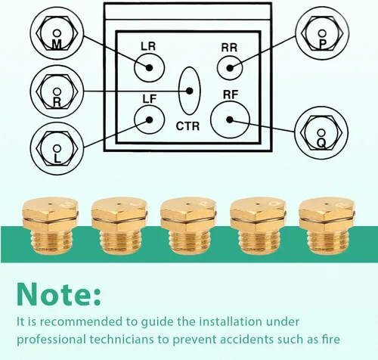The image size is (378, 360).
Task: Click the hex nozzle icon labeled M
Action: click(57, 33)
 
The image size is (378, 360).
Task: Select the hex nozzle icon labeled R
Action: click(57, 92)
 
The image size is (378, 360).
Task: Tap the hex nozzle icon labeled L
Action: click(57, 148)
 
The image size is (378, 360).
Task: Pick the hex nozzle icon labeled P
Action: click(322, 33)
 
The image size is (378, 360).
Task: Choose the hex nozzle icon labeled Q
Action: click(321, 132)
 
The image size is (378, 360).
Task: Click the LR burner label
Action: click(148, 47)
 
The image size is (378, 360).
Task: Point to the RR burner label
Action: click(229, 48)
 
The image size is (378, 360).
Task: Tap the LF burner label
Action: click(150, 99)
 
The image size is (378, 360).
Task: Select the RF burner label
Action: click(231, 95)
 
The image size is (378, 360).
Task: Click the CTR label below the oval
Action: click(187, 126)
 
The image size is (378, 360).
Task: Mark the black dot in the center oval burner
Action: click(190, 91)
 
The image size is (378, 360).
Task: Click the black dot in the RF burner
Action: click(230, 119)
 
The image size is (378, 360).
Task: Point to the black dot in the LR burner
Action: click(150, 67)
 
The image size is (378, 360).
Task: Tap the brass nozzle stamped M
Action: click(50, 225)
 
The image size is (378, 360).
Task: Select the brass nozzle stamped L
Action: click(119, 226)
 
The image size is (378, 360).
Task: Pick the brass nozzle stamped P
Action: click(188, 226)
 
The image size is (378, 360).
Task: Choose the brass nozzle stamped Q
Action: click(258, 226)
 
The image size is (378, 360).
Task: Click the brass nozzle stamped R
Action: click(327, 225)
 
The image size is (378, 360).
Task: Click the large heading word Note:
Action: click(59, 294)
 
